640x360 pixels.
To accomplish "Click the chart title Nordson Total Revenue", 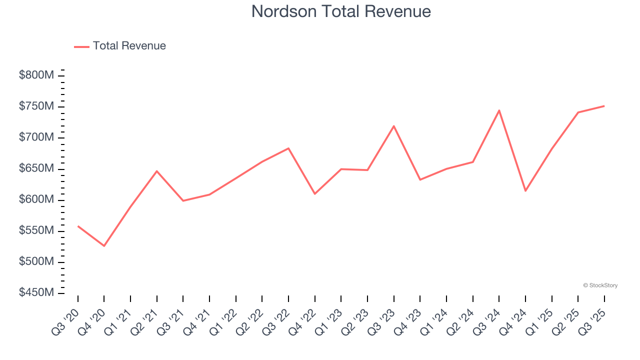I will pyautogui.click(x=341, y=11).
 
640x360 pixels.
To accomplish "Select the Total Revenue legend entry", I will pyautogui.click(x=120, y=46).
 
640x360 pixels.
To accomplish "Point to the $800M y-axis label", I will pyautogui.click(x=36, y=75).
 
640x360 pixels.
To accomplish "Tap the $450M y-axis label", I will pyautogui.click(x=36, y=292).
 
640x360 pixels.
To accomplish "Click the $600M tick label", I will pyautogui.click(x=36, y=199).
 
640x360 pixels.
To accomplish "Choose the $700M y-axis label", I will pyautogui.click(x=36, y=137).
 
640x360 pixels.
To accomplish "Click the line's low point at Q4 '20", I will pyautogui.click(x=104, y=246).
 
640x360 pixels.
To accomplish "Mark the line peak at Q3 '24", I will pyautogui.click(x=499, y=110).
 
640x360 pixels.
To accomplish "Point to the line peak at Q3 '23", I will pyautogui.click(x=394, y=126).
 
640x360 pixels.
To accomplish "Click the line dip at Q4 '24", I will pyautogui.click(x=525, y=191).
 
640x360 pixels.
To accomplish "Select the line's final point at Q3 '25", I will pyautogui.click(x=604, y=106).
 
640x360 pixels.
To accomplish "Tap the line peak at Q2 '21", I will pyautogui.click(x=157, y=171).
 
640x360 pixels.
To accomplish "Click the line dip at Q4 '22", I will pyautogui.click(x=315, y=194).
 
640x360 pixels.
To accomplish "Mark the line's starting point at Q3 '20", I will pyautogui.click(x=78, y=226).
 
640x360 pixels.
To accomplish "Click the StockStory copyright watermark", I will pyautogui.click(x=600, y=285).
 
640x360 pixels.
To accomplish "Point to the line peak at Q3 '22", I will pyautogui.click(x=288, y=148).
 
